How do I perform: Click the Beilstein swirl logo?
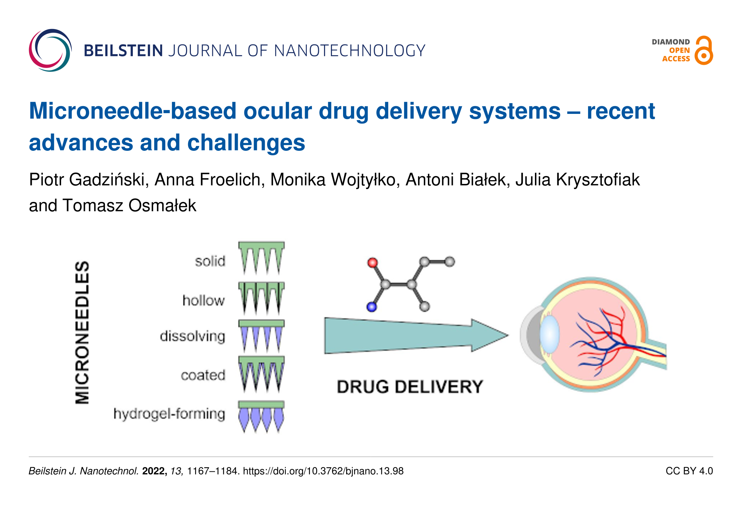(50, 50)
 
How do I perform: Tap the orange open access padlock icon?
(704, 51)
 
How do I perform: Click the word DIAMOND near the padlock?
(671, 42)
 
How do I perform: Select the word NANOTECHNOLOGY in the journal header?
(350, 51)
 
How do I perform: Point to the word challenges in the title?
(246, 143)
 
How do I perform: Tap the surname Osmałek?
(162, 206)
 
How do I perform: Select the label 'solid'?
(210, 261)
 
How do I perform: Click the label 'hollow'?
(204, 301)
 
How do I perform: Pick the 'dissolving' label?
(193, 336)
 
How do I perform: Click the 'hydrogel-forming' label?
(169, 413)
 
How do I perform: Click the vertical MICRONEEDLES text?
(82, 332)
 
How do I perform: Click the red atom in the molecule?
(372, 263)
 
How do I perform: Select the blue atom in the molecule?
(371, 307)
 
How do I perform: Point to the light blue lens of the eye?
(549, 334)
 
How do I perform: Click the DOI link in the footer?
(323, 471)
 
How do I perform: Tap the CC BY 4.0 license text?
(689, 471)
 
